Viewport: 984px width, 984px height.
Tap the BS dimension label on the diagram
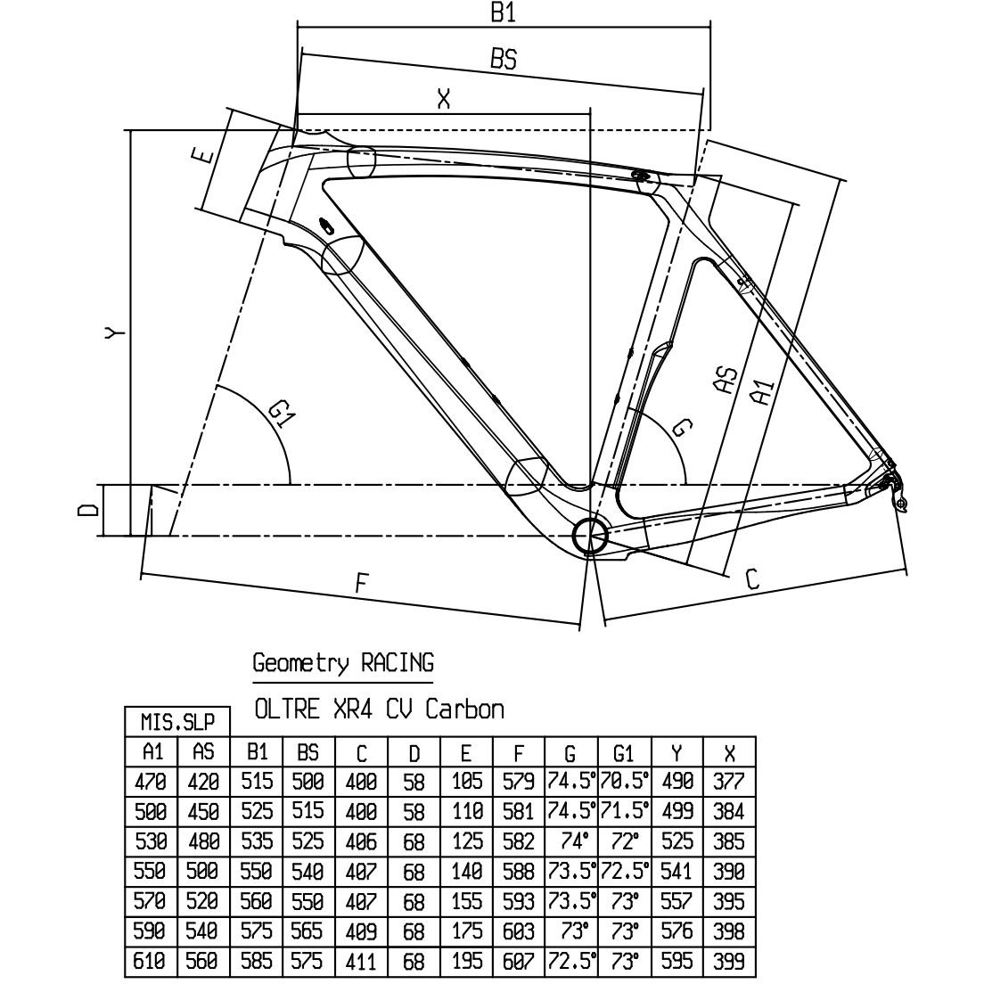point(504,59)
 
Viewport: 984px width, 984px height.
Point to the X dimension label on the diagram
point(444,99)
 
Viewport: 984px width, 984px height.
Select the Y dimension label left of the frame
point(114,332)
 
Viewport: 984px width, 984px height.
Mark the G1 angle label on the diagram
point(281,414)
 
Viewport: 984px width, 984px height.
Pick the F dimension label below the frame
point(360,584)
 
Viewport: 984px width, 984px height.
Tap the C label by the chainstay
point(752,578)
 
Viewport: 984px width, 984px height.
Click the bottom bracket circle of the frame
point(590,536)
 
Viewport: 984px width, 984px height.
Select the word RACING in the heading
point(397,663)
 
